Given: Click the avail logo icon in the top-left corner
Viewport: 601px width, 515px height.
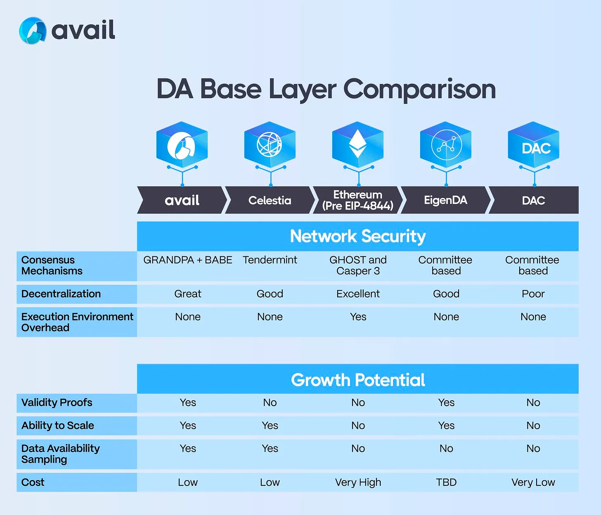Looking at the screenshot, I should point(33,31).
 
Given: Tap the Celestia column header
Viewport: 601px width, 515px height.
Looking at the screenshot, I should point(270,201).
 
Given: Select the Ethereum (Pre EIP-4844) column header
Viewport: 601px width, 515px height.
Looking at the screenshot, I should point(358,200).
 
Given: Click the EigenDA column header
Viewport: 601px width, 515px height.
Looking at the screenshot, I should point(445,201).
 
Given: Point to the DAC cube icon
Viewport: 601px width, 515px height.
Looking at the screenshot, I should point(534,145).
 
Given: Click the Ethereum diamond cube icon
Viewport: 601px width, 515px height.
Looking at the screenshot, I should point(358,145).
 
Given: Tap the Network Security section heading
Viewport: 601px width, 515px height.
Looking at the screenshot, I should point(358,236).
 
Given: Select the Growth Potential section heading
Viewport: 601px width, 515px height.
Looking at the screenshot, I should point(358,380).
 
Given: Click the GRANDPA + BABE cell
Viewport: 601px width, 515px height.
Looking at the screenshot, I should point(188,260).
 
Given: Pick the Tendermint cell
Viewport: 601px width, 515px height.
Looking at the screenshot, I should point(270,260).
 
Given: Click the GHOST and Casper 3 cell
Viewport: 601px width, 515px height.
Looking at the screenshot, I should point(358,265).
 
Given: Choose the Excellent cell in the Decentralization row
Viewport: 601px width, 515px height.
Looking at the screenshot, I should point(358,294).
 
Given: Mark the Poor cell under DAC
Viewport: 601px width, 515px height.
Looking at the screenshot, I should point(533,294).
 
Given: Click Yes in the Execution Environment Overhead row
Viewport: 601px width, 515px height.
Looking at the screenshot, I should point(358,317).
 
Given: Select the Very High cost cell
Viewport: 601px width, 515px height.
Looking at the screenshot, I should point(358,482).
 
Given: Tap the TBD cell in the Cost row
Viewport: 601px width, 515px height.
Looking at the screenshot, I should point(446,482).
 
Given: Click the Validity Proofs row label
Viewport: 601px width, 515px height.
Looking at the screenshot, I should point(57,403).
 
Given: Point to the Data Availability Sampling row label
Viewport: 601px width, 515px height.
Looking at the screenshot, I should point(60,454).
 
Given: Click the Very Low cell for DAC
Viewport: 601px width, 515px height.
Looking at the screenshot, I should point(533,482).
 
